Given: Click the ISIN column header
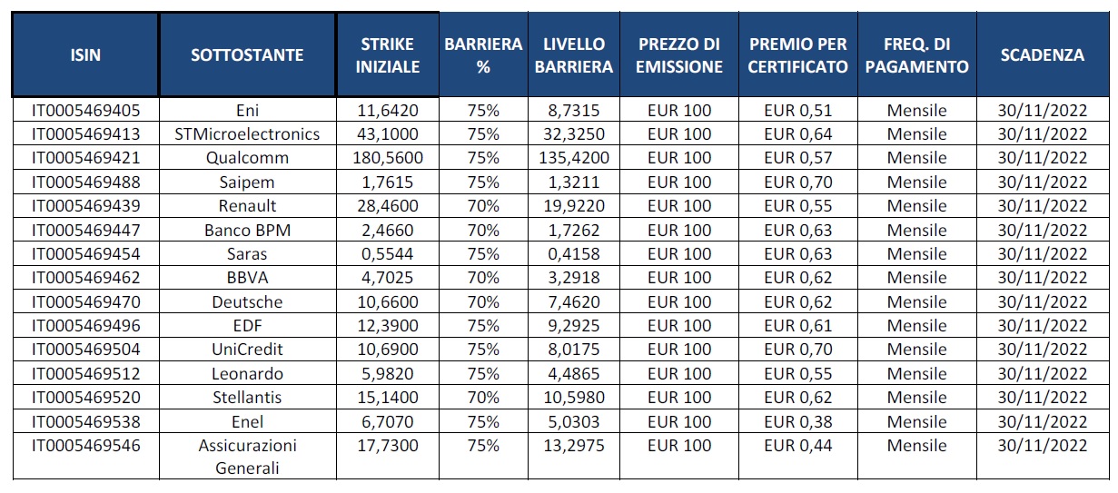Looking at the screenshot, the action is pos(85,54).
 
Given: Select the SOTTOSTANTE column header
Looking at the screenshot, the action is pos(247,54).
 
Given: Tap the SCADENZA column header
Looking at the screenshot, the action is pos(1042,54).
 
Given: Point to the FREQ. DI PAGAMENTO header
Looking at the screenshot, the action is pos(917,55).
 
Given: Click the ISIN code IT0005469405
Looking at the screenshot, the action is pos(86,110).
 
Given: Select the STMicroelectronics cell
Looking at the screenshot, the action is pos(247,134).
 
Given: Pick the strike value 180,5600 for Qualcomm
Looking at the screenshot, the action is pos(388,158).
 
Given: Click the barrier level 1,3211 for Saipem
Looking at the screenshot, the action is pos(574,182).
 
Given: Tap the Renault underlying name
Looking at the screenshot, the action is pos(247,206).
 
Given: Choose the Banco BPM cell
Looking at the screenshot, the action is pos(247,230).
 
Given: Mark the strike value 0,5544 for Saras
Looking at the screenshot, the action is pos(388,254).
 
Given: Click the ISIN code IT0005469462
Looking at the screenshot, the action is pos(86,278).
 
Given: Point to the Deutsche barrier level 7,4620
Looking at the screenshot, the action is pos(574,302).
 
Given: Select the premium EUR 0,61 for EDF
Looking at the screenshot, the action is pos(798,326).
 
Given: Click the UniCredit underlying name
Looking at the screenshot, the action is pos(247,350).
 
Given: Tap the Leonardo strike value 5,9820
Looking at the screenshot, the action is pos(388,374).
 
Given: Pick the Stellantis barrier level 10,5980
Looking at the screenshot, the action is pos(574,398).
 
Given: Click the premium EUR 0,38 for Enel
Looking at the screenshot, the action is pos(798,422).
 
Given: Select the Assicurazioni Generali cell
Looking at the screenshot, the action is pos(247,457).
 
